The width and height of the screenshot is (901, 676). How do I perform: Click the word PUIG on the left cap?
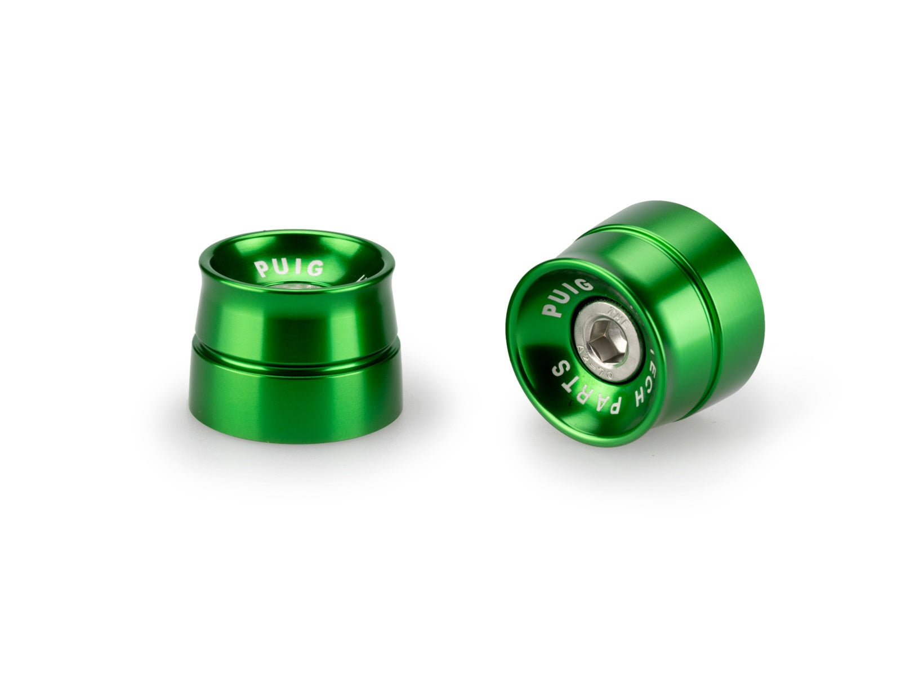coord(290,267)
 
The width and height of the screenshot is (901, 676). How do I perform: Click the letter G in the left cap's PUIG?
coord(316,269)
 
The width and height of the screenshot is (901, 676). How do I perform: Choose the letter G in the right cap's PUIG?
coord(586,285)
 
